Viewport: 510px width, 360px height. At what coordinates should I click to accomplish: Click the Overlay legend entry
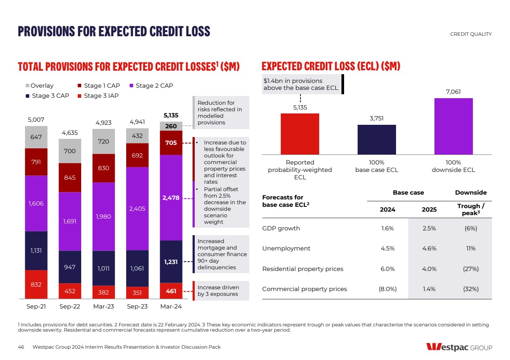(x=42, y=86)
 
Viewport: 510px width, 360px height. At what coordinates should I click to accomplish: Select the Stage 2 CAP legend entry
(x=151, y=86)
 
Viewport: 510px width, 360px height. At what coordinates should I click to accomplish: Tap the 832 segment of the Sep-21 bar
(x=36, y=285)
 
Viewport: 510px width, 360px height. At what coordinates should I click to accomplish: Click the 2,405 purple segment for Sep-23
(x=137, y=209)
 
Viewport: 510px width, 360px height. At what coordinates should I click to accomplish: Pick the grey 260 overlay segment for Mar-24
(x=171, y=127)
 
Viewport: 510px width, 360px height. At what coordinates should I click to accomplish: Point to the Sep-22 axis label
(x=70, y=307)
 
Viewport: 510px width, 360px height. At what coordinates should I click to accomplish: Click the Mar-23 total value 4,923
(x=103, y=123)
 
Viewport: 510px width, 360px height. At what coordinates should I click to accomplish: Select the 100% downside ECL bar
(x=453, y=126)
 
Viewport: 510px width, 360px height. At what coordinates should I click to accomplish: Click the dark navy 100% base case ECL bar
(x=376, y=140)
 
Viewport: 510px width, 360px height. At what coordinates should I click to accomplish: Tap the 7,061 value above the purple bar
(x=453, y=92)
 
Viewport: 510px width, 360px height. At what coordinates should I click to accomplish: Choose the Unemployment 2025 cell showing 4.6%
(x=429, y=249)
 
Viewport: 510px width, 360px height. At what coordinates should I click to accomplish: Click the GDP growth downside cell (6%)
(x=471, y=228)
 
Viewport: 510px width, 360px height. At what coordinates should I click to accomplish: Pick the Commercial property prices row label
(x=304, y=289)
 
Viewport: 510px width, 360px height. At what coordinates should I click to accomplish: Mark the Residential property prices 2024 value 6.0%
(x=387, y=269)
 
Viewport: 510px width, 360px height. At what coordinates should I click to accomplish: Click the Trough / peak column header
(x=471, y=209)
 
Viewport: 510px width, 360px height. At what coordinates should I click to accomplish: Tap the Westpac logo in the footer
(x=459, y=347)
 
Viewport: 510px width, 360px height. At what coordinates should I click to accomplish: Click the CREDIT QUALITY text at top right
(x=470, y=34)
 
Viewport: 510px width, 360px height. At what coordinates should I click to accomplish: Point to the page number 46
(x=21, y=347)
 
